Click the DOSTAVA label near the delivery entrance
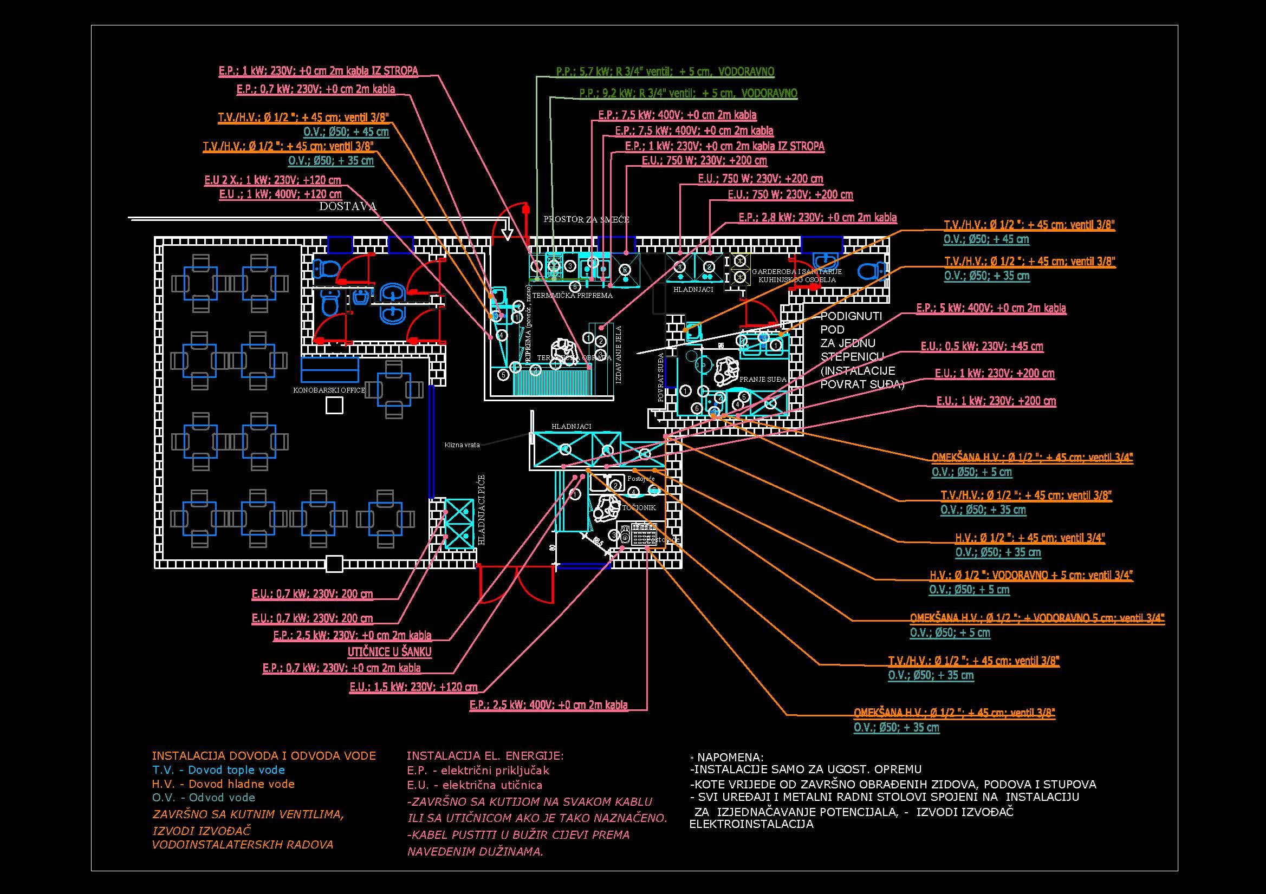(347, 206)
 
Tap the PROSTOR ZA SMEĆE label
(586, 219)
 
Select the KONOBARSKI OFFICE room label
(329, 390)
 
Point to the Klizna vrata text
(462, 445)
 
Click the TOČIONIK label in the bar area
(639, 507)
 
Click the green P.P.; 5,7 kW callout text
(665, 71)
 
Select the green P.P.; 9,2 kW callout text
(687, 94)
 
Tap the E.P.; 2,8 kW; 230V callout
(817, 218)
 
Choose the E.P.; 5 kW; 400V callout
(991, 308)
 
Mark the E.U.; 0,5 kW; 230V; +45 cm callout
(982, 347)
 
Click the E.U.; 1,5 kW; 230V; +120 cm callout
(413, 687)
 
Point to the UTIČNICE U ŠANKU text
(389, 652)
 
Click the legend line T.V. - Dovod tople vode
(218, 770)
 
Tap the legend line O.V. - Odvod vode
(204, 798)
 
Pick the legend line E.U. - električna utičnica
(474, 785)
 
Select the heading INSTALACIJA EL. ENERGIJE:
(485, 756)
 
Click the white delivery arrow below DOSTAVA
(508, 233)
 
